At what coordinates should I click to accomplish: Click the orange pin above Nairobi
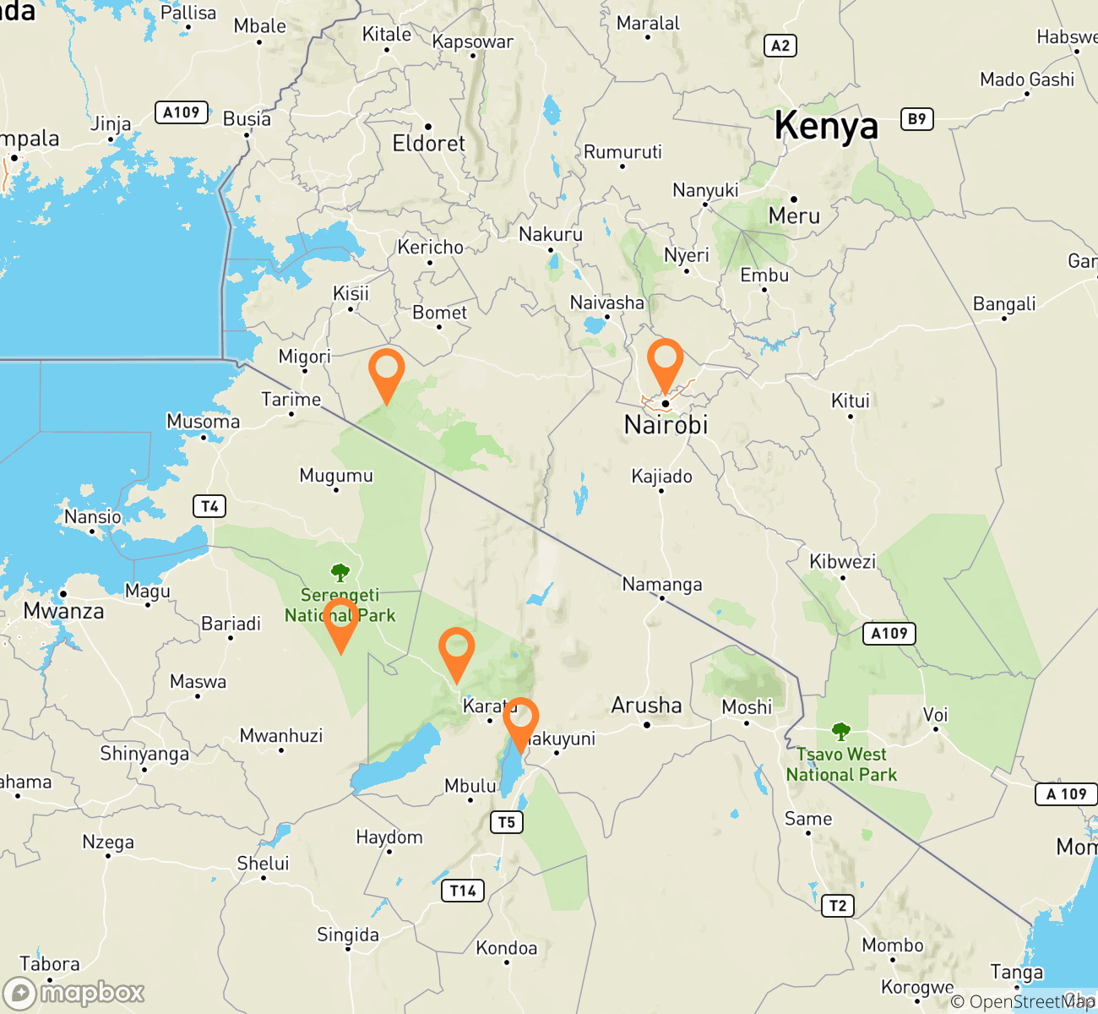(x=665, y=362)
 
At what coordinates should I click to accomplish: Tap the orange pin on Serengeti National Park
(x=340, y=621)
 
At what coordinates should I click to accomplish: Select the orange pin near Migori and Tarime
(x=387, y=372)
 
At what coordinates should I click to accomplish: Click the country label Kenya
(x=826, y=127)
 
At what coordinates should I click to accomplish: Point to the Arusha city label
(x=646, y=706)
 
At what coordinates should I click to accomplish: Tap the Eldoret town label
(x=428, y=143)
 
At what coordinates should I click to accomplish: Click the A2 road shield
(x=780, y=46)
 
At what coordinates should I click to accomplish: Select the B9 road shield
(x=917, y=119)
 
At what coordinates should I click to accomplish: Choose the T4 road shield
(x=209, y=506)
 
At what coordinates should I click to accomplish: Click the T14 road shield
(x=463, y=890)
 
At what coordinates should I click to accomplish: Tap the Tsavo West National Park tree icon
(x=840, y=731)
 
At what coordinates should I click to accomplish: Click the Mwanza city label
(x=64, y=611)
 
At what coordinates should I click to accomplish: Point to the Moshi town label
(x=747, y=706)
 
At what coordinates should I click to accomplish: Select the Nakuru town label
(x=551, y=234)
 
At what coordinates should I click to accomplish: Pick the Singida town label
(x=348, y=935)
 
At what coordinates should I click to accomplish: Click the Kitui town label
(x=851, y=401)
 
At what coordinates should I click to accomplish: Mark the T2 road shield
(x=837, y=906)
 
